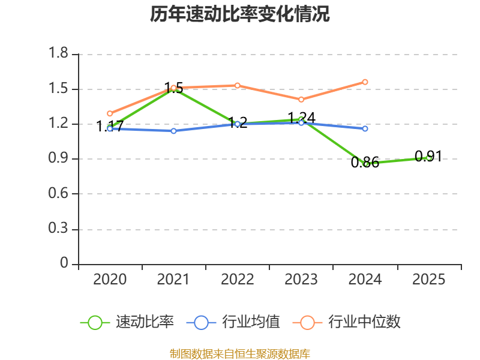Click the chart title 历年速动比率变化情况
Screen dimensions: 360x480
[240, 14]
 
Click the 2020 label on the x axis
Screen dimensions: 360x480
[110, 279]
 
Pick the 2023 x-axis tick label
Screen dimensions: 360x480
[301, 279]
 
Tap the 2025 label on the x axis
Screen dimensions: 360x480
[428, 279]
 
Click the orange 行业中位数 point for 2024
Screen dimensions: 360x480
[365, 82]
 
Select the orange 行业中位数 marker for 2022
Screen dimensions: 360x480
[238, 85]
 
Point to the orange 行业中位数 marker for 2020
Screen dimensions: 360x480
[110, 113]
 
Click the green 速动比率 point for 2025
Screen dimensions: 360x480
[428, 157]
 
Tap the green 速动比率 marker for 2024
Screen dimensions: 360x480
[365, 163]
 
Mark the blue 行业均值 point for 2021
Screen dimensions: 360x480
[173, 131]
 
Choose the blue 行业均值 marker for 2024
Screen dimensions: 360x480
[365, 128]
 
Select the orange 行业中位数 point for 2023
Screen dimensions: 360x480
[301, 99]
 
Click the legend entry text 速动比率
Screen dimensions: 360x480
[145, 322]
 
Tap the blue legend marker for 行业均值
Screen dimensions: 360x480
[201, 322]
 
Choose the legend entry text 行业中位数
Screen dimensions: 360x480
[364, 322]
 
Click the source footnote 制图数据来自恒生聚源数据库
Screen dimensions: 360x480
[240, 353]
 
